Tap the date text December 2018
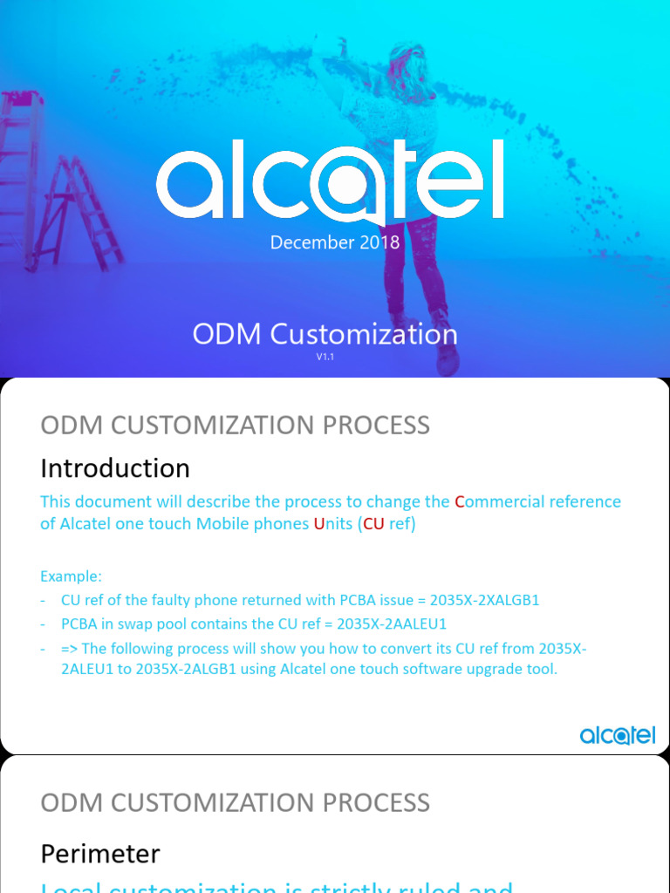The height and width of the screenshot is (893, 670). pos(335,242)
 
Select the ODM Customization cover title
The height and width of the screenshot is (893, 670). pos(325,334)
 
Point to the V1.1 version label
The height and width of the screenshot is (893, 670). pos(325,357)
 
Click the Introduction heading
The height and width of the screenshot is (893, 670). pos(115,468)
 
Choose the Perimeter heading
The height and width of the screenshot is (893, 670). pos(100,853)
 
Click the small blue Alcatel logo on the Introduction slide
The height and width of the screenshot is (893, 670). pos(618,736)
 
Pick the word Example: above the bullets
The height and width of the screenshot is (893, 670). pos(72,576)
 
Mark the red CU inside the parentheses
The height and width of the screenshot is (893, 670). pos(373,524)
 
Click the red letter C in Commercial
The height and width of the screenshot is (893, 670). pos(459,502)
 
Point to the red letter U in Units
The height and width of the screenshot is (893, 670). pos(318,524)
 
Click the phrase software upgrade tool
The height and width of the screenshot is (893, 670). pos(475,671)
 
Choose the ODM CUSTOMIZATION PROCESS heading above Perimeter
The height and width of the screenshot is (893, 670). pos(236,802)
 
